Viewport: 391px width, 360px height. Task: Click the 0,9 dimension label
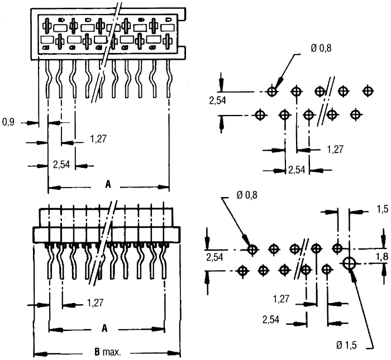pos(8,121)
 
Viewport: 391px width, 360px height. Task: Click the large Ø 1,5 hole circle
pos(350,262)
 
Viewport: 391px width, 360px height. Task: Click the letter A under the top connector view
pos(108,185)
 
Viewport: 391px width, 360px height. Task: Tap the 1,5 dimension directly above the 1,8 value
pos(382,209)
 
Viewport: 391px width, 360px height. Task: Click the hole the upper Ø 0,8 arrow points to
pos(272,91)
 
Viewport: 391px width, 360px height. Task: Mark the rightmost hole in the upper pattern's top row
pos(368,91)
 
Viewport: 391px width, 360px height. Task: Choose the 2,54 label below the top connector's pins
pos(61,165)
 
